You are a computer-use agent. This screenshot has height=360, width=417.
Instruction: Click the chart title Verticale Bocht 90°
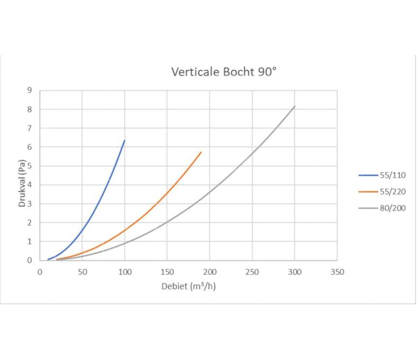click(224, 72)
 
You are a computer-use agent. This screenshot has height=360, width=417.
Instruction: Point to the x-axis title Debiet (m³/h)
click(188, 286)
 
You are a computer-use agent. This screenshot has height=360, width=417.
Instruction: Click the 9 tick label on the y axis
click(29, 90)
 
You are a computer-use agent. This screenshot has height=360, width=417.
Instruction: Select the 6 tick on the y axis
click(29, 147)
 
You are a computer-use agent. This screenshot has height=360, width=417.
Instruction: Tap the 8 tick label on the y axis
click(29, 109)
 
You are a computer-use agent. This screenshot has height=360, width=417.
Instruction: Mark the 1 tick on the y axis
click(29, 241)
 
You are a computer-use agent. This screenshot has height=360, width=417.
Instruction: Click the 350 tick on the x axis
click(337, 272)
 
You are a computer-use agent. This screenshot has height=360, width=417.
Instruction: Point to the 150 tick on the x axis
click(167, 272)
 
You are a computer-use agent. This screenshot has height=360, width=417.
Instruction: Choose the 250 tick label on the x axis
click(252, 272)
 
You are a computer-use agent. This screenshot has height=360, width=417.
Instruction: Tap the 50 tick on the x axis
click(83, 272)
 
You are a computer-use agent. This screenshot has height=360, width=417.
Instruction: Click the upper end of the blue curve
click(124, 140)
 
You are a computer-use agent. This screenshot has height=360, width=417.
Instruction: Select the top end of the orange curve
click(201, 152)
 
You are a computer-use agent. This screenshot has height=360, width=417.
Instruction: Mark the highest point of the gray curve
click(294, 106)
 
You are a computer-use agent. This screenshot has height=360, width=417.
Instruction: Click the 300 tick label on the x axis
click(295, 272)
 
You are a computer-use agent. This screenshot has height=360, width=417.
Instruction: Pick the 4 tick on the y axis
click(29, 185)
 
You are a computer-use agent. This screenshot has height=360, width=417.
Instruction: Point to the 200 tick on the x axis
click(210, 272)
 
